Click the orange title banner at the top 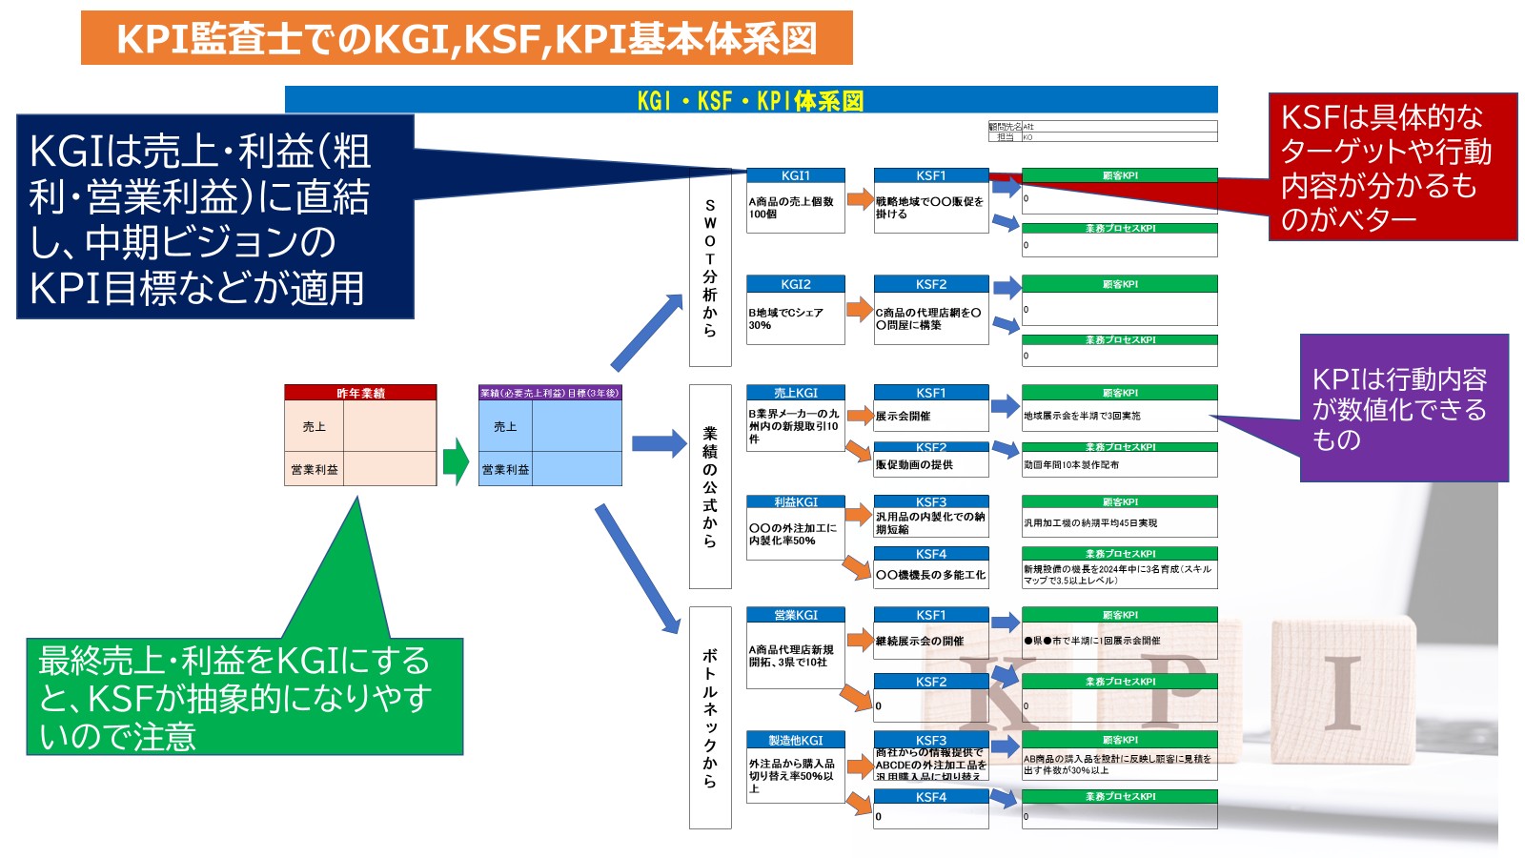(x=466, y=38)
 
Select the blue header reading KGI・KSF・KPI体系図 (x=751, y=100)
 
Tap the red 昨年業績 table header (x=360, y=393)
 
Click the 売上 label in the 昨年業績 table (x=314, y=426)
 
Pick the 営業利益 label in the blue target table (x=505, y=469)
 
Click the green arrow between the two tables (x=457, y=461)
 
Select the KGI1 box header (x=796, y=175)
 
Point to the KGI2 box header (x=796, y=284)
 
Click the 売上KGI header (x=796, y=393)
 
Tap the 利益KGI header (x=796, y=501)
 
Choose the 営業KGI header (x=796, y=615)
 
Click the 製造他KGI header (x=796, y=740)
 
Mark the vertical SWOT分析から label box (x=710, y=268)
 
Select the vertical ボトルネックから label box (x=710, y=718)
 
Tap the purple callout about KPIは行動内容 (x=1403, y=409)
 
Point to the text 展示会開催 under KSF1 (x=903, y=417)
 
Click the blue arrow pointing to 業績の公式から (x=659, y=443)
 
